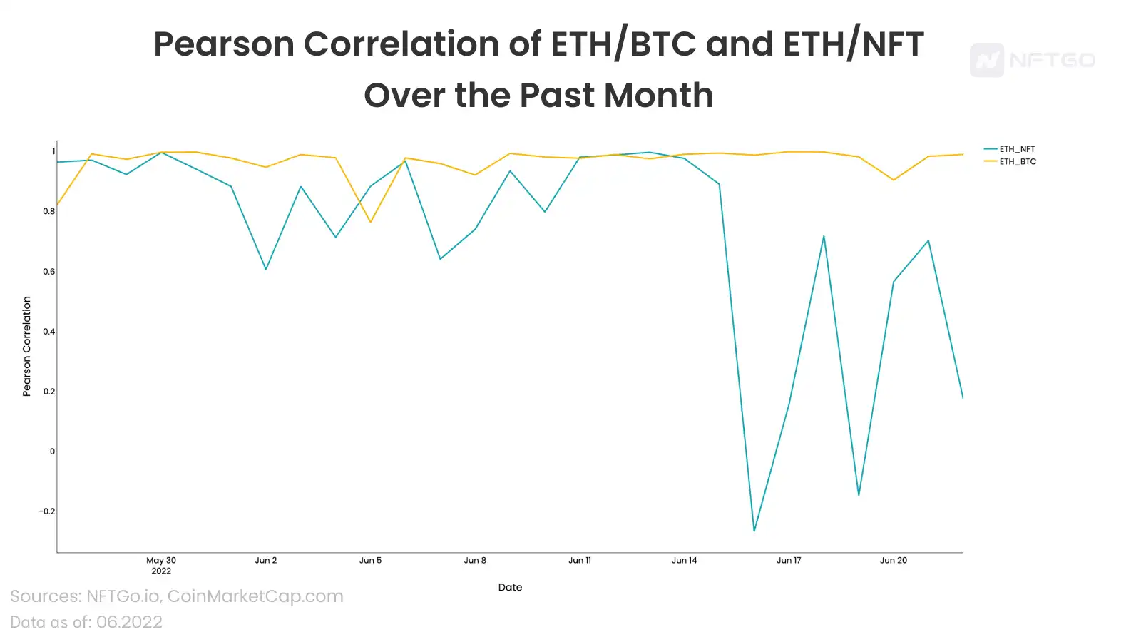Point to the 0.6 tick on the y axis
tap(49, 272)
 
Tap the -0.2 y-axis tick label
tap(47, 511)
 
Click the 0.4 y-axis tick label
tap(49, 332)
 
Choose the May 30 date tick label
tap(161, 561)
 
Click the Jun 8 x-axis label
tap(475, 561)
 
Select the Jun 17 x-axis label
tap(789, 561)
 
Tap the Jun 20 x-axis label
tap(894, 561)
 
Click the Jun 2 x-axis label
tap(266, 561)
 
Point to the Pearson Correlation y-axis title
tap(27, 347)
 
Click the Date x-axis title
tap(510, 588)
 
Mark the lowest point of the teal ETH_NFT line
tap(754, 531)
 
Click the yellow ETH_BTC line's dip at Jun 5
tap(371, 222)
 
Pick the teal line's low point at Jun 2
tap(266, 269)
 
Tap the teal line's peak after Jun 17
tap(824, 236)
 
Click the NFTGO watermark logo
tap(1033, 60)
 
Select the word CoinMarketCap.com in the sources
tap(255, 596)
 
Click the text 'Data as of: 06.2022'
tap(86, 622)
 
